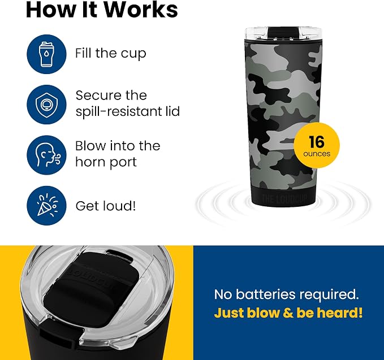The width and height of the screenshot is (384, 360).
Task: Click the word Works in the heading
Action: pyautogui.click(x=141, y=10)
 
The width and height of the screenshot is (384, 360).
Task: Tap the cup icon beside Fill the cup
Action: pyautogui.click(x=46, y=54)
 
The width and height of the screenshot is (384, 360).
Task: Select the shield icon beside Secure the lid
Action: pyautogui.click(x=46, y=105)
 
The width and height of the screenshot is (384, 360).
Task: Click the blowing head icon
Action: pyautogui.click(x=46, y=155)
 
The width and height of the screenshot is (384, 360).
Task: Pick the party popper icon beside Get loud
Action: pyautogui.click(x=46, y=206)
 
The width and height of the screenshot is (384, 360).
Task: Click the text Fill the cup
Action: pyautogui.click(x=111, y=53)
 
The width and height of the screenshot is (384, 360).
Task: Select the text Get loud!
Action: pyautogui.click(x=106, y=206)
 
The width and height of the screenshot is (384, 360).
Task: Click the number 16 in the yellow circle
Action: pyautogui.click(x=316, y=141)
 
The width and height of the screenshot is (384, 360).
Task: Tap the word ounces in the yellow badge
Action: pyautogui.click(x=317, y=154)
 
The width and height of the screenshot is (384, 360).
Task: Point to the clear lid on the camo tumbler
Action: pyautogui.click(x=283, y=34)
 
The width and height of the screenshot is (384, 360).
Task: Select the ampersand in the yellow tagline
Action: pyautogui.click(x=288, y=313)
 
